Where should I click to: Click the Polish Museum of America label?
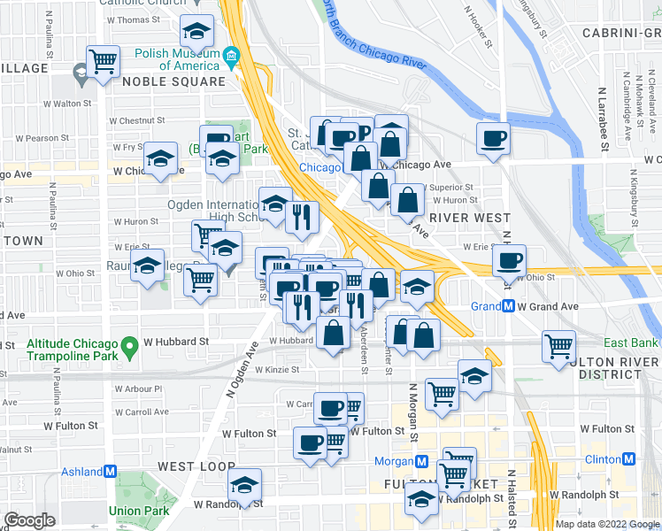pos(176,58)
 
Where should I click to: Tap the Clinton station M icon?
pos(628,459)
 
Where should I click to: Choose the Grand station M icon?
pos(509,307)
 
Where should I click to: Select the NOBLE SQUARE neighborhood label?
pos(173,81)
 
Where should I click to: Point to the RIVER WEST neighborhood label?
pos(469,218)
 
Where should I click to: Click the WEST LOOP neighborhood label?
pos(196,466)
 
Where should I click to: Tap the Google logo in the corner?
pos(29,520)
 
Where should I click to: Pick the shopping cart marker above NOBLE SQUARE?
pos(104,62)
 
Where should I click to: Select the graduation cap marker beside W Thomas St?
pos(196,32)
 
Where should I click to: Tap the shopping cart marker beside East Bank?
pos(558,347)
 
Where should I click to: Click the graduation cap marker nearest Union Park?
pos(244,484)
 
